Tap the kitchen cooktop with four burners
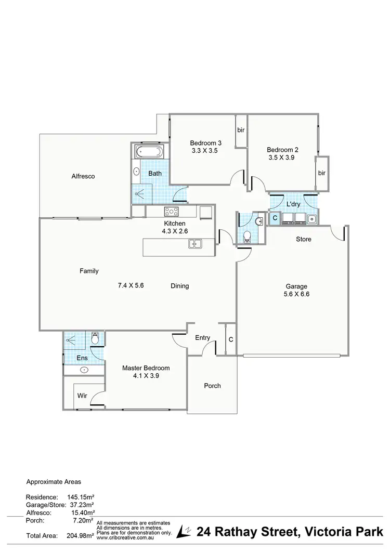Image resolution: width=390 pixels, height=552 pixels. (172, 212)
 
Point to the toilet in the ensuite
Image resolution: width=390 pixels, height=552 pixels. (95, 338)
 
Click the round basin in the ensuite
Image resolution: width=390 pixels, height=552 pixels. (84, 370)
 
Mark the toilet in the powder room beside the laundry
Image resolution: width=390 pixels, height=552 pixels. (248, 236)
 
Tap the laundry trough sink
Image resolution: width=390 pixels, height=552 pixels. (311, 219)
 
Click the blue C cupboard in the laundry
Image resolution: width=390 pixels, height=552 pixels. (275, 219)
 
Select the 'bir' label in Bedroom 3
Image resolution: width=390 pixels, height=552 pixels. (241, 130)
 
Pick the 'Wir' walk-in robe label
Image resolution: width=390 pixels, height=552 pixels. (82, 396)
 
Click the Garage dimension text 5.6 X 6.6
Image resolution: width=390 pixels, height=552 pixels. (296, 294)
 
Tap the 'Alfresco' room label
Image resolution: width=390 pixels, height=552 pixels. (83, 176)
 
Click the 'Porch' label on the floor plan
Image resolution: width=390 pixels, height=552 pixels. (212, 386)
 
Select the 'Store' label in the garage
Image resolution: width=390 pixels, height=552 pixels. (303, 240)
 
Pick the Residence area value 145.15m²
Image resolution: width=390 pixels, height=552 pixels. (80, 496)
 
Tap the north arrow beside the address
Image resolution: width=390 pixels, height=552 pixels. (184, 531)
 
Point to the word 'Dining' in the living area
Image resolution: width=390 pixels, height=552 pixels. (179, 286)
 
